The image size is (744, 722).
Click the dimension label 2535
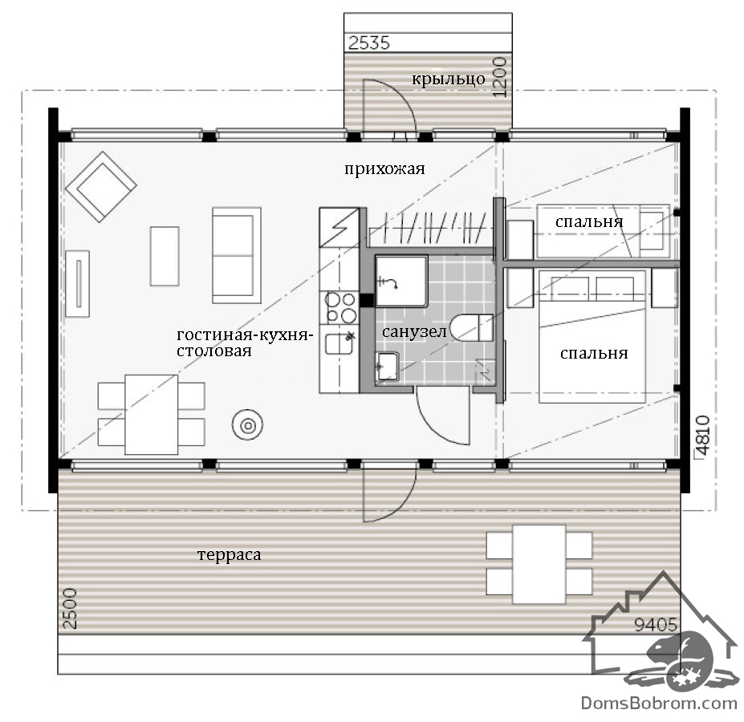click(369, 43)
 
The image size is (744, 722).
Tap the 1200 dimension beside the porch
click(500, 77)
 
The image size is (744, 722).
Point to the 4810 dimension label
click(702, 436)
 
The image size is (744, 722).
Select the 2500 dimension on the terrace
click(70, 609)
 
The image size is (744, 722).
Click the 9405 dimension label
click(656, 625)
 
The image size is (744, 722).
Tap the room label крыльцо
click(449, 79)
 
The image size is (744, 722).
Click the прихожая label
click(384, 169)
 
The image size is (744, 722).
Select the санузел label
click(414, 331)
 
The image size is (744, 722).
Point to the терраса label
click(229, 554)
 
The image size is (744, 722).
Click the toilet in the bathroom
click(471, 328)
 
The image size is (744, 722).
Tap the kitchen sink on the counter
click(339, 343)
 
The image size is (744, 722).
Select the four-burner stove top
click(340, 307)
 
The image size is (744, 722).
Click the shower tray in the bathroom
click(401, 281)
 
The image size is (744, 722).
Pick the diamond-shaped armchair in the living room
click(101, 186)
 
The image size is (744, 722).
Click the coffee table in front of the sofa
click(165, 256)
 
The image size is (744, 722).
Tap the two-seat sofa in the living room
click(237, 255)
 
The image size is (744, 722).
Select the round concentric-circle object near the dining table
click(248, 425)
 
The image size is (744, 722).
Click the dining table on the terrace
click(539, 563)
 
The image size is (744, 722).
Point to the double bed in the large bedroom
click(592, 337)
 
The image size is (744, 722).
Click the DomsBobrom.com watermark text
click(659, 704)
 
